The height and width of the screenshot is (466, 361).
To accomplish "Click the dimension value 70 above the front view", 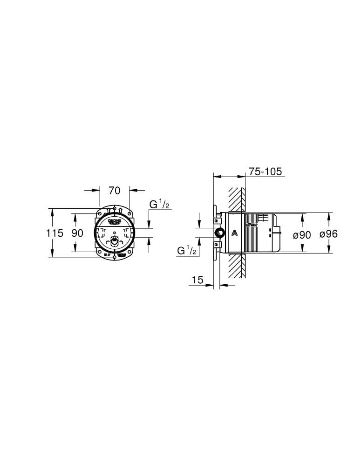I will click(x=114, y=190).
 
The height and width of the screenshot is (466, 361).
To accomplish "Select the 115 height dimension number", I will click(x=54, y=233).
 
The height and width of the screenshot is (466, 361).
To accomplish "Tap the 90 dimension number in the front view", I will click(x=77, y=233).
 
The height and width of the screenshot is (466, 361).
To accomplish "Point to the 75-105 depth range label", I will click(x=265, y=171).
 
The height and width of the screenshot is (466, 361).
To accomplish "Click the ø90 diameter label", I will click(x=302, y=235).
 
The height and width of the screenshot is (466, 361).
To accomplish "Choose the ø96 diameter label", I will click(x=328, y=234).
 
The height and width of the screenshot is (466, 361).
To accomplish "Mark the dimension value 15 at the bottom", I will click(x=198, y=280).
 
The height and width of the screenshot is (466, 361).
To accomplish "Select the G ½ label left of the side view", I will click(x=187, y=251).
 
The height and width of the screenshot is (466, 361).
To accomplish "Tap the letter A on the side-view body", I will click(x=235, y=233).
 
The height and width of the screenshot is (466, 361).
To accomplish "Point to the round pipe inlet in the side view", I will click(x=219, y=233).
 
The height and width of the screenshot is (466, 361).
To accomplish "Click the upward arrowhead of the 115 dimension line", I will click(x=52, y=212).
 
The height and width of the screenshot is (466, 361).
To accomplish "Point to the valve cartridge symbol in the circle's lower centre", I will click(x=114, y=241).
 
